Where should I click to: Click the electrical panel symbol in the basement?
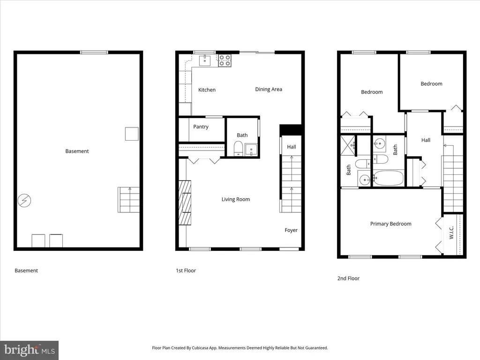point(24,201)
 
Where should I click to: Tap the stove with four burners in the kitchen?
point(225,60)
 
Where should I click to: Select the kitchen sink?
point(205,60)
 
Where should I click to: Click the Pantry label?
point(201,127)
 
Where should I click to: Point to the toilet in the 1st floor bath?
point(238,149)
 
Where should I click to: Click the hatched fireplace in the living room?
point(185,202)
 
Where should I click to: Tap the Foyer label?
point(291,230)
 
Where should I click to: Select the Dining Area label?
point(269,90)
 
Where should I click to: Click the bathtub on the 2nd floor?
point(389,178)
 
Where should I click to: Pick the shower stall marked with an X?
point(348,146)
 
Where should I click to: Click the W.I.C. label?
point(451,232)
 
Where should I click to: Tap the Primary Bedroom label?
point(390,224)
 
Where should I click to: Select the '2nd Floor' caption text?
point(348,278)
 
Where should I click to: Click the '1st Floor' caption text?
point(186,270)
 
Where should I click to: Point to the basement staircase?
point(128,200)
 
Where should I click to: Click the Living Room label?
point(236,199)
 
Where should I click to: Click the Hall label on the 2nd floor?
point(426,140)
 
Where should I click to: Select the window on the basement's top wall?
point(94,52)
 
